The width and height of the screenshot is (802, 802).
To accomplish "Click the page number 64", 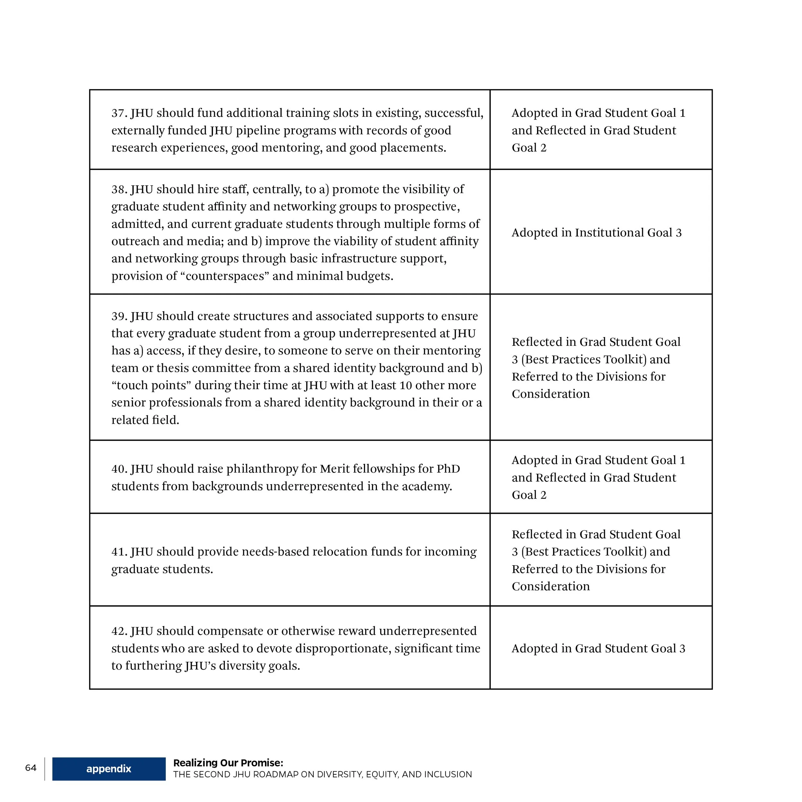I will [31, 768].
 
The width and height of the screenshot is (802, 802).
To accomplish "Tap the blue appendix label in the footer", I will [109, 769].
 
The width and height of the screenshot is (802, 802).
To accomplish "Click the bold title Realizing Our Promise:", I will [228, 763].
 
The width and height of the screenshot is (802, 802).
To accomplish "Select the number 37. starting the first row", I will [119, 113].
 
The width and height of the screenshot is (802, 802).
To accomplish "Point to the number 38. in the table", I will [119, 189].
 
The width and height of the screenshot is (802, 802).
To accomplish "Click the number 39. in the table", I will [119, 316].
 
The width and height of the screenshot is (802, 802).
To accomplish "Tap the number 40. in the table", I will [119, 469].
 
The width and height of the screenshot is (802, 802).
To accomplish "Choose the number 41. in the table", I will [119, 552].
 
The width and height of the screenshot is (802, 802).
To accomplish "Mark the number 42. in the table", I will [119, 631].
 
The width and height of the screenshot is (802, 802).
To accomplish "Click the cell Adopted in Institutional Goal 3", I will [596, 233].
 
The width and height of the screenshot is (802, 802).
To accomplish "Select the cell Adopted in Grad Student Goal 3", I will [598, 648].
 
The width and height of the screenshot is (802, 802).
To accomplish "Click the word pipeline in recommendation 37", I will [255, 130].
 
